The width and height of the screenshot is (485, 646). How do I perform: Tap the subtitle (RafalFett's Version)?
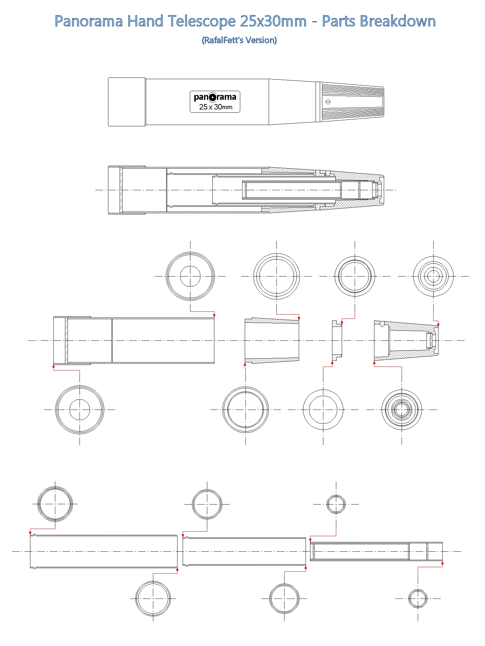pyautogui.click(x=239, y=40)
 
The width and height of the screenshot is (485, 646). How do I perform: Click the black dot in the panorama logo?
pyautogui.click(x=212, y=97)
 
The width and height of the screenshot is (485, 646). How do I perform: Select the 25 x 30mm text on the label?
pyautogui.click(x=215, y=107)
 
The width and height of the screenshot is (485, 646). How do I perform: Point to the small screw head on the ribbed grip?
pyautogui.click(x=328, y=102)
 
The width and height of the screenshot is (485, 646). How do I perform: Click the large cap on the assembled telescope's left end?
pyautogui.click(x=127, y=102)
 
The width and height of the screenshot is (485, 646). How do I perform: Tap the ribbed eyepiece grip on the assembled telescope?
pyautogui.click(x=352, y=102)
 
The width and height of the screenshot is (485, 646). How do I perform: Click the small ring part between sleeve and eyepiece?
pyautogui.click(x=337, y=340)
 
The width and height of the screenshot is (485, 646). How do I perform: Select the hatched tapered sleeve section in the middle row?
pyautogui.click(x=272, y=340)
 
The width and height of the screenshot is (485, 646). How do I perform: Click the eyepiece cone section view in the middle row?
pyautogui.click(x=406, y=340)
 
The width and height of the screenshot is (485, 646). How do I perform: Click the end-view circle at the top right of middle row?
pyautogui.click(x=433, y=276)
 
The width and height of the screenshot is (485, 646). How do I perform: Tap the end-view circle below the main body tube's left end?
pyautogui.click(x=80, y=410)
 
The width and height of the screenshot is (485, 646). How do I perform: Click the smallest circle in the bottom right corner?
pyautogui.click(x=418, y=599)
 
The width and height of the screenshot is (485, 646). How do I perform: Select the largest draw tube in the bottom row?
pyautogui.click(x=103, y=551)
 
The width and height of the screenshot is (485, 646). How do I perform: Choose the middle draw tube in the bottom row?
pyautogui.click(x=244, y=551)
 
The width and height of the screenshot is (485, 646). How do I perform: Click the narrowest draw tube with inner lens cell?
pyautogui.click(x=376, y=551)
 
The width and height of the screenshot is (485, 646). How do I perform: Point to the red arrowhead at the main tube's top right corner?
pyautogui.click(x=214, y=316)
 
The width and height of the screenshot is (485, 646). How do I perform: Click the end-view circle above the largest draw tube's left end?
pyautogui.click(x=55, y=504)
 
